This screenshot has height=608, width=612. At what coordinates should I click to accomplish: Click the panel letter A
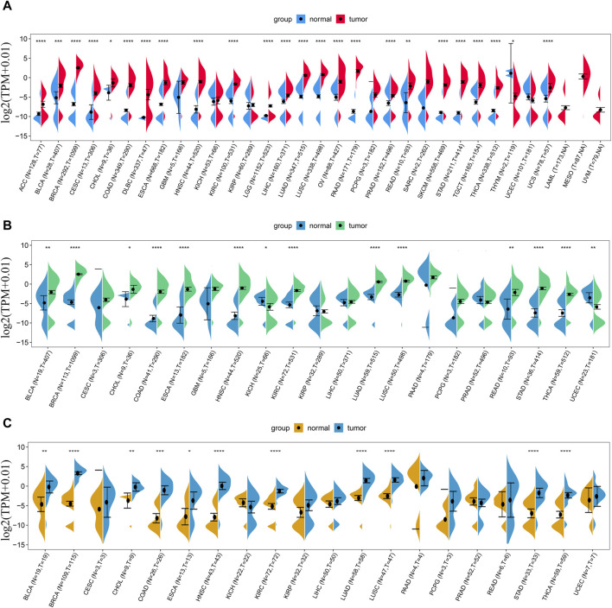tap(7, 7)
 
